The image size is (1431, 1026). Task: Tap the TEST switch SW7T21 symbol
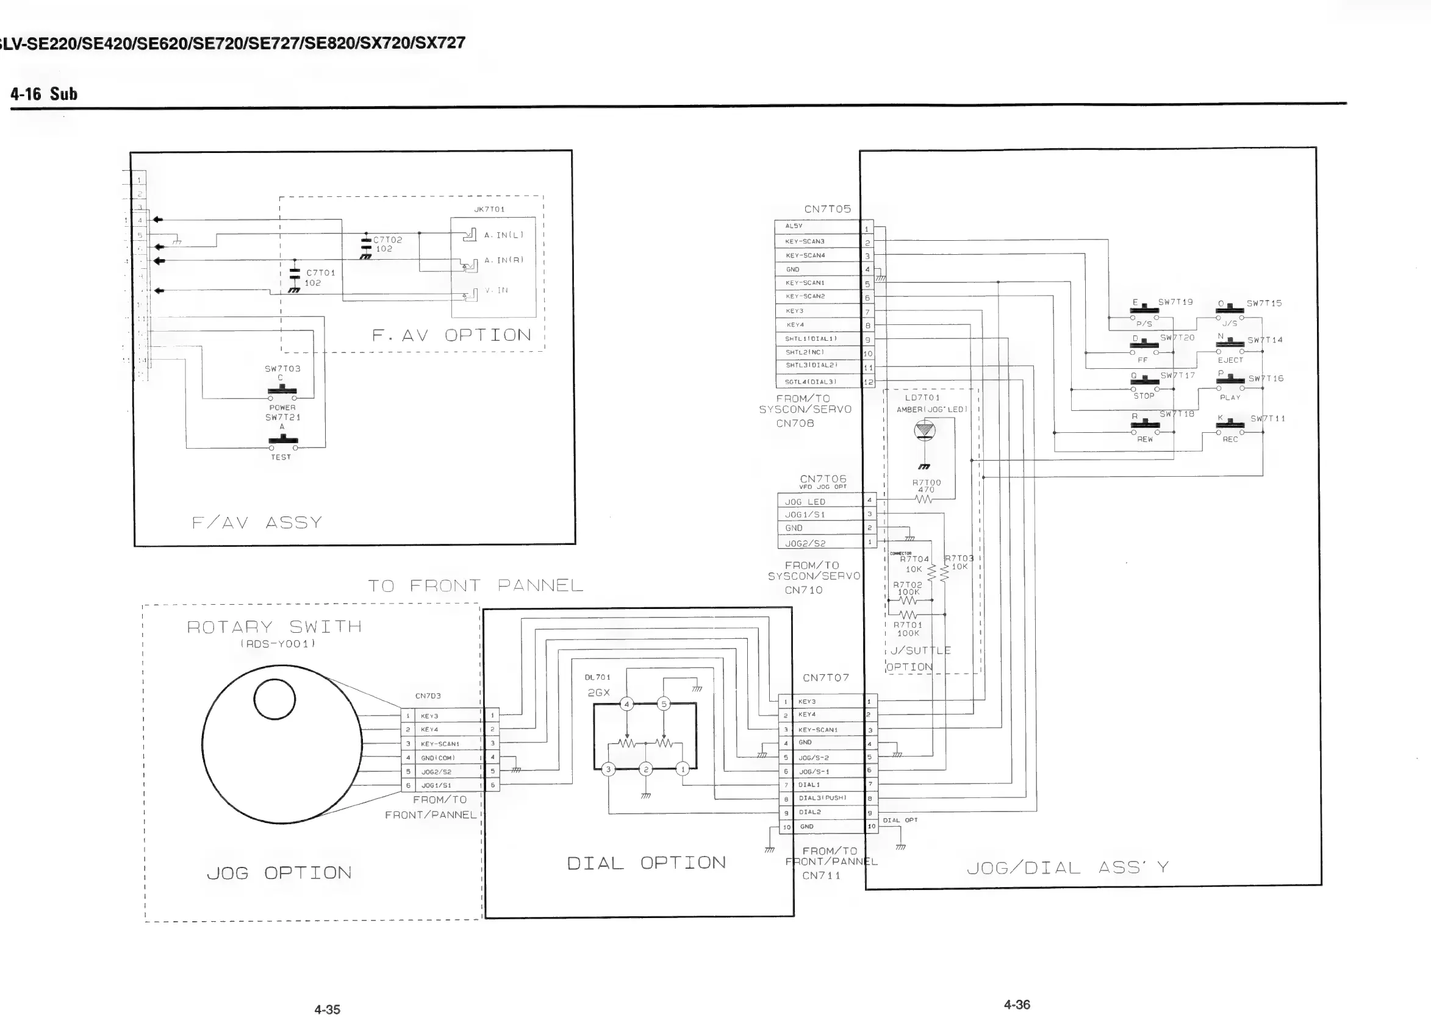(282, 441)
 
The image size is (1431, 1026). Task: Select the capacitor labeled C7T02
(366, 246)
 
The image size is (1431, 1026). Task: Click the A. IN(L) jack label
(503, 235)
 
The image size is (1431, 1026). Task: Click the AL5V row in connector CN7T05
(818, 226)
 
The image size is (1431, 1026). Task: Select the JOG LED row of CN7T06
(820, 502)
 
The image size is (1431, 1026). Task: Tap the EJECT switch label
(1230, 360)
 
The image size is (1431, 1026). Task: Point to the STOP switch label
(1143, 396)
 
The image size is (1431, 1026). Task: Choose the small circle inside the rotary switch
(274, 699)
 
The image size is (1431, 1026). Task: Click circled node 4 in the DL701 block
(626, 704)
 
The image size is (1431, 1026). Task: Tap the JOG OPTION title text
(279, 873)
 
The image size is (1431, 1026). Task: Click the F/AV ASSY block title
(257, 523)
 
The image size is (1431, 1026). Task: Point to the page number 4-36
(1016, 1005)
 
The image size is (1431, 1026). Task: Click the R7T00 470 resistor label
(925, 486)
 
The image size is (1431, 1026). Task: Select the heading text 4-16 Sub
(44, 94)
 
